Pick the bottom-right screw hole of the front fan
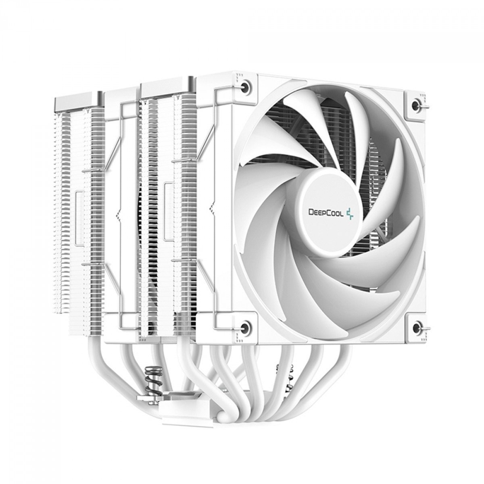coord(417,327)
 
